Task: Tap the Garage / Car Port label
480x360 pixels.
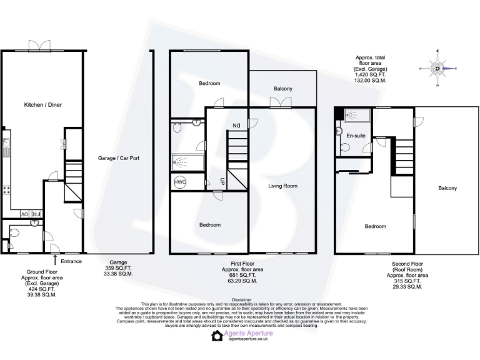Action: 118,158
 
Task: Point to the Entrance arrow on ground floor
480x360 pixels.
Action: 56,258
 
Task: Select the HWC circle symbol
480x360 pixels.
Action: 180,182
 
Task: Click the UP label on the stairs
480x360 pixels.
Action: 222,181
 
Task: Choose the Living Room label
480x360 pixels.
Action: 282,186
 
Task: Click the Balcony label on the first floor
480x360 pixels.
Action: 282,89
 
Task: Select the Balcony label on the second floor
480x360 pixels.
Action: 447,188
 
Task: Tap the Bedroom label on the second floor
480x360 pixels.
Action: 375,226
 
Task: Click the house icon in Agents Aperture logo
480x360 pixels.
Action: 217,336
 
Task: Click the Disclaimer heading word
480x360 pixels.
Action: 240,299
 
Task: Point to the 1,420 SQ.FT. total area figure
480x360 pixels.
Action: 371,74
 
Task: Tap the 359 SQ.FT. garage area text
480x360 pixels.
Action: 118,268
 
